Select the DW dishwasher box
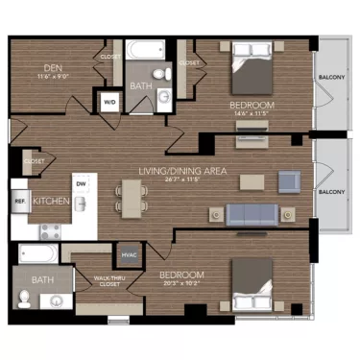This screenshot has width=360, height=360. pos(81,184)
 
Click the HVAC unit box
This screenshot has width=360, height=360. pos(129,255)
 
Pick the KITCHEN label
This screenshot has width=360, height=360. pos(50,203)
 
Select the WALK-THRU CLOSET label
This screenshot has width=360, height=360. pos(108,280)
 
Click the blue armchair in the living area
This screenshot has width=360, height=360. pos(289,180)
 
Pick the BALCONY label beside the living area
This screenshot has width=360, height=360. pos(331,192)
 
